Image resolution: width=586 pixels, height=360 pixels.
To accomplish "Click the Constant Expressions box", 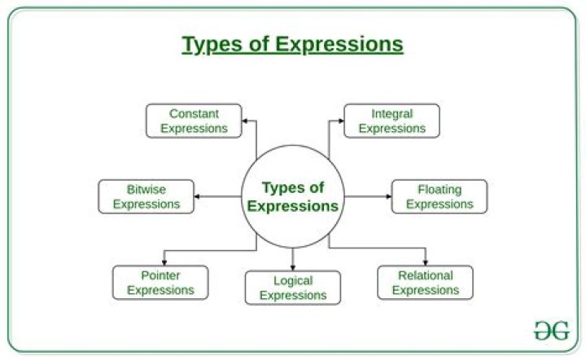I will [x=194, y=121].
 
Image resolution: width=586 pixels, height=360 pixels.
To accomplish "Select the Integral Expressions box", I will [x=391, y=121].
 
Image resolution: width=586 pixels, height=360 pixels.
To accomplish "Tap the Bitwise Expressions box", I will [x=146, y=196].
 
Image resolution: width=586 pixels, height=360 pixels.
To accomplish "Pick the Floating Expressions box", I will [x=439, y=196].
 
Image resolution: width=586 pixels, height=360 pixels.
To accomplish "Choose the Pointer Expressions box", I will [x=160, y=282].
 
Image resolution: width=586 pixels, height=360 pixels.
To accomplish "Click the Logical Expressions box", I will [x=293, y=287].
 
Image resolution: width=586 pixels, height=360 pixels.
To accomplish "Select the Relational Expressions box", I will [x=426, y=282].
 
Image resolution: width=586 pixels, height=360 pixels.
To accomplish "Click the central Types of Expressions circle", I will [x=293, y=197].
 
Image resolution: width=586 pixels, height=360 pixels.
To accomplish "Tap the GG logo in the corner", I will [x=551, y=330].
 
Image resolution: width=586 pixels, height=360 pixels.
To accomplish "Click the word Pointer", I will [x=160, y=275].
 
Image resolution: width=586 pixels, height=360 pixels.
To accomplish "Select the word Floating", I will [x=439, y=190].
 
